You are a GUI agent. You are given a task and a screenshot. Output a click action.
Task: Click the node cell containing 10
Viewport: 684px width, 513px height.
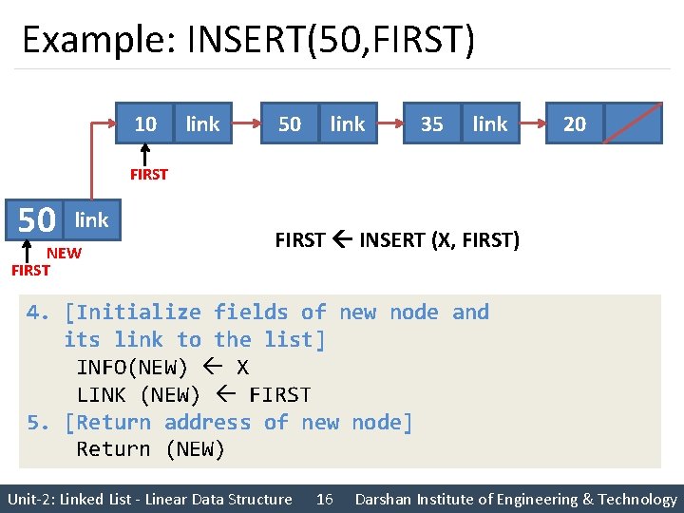pyautogui.click(x=145, y=123)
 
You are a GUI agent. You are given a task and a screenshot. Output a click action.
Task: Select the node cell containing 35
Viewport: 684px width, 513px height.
pyautogui.click(x=431, y=123)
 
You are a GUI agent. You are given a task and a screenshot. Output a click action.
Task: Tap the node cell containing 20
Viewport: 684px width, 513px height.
pyautogui.click(x=575, y=123)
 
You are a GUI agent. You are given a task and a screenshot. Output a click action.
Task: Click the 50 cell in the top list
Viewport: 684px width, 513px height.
pyautogui.click(x=290, y=123)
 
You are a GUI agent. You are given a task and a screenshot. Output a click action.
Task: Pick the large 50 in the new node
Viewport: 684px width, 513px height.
pyautogui.click(x=37, y=220)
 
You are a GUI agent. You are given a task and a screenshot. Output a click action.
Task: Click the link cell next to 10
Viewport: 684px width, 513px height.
pyautogui.click(x=202, y=123)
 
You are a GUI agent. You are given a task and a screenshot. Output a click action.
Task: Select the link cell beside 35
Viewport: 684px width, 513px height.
pyautogui.click(x=490, y=123)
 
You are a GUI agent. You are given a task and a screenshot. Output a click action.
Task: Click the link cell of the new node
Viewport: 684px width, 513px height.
pyautogui.click(x=91, y=220)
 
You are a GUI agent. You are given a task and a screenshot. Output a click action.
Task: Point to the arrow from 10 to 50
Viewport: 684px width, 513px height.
pyautogui.click(x=245, y=123)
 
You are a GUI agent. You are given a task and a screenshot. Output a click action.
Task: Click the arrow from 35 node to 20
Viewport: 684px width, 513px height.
pyautogui.click(x=533, y=123)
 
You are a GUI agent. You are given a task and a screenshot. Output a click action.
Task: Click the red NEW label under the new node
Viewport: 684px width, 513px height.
pyautogui.click(x=64, y=253)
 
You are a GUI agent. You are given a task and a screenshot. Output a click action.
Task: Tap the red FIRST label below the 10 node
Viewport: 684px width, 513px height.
pyautogui.click(x=149, y=174)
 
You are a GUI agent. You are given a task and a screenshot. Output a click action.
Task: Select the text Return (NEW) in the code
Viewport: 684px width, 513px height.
pyautogui.click(x=150, y=449)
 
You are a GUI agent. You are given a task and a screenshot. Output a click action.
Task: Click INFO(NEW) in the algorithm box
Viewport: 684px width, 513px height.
pyautogui.click(x=132, y=368)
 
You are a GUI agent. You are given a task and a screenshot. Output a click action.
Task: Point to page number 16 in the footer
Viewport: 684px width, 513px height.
pyautogui.click(x=324, y=499)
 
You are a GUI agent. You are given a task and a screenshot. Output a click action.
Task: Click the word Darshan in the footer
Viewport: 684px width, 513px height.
pyautogui.click(x=388, y=499)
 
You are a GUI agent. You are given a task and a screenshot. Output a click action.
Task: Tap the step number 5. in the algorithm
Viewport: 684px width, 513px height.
pyautogui.click(x=38, y=423)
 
